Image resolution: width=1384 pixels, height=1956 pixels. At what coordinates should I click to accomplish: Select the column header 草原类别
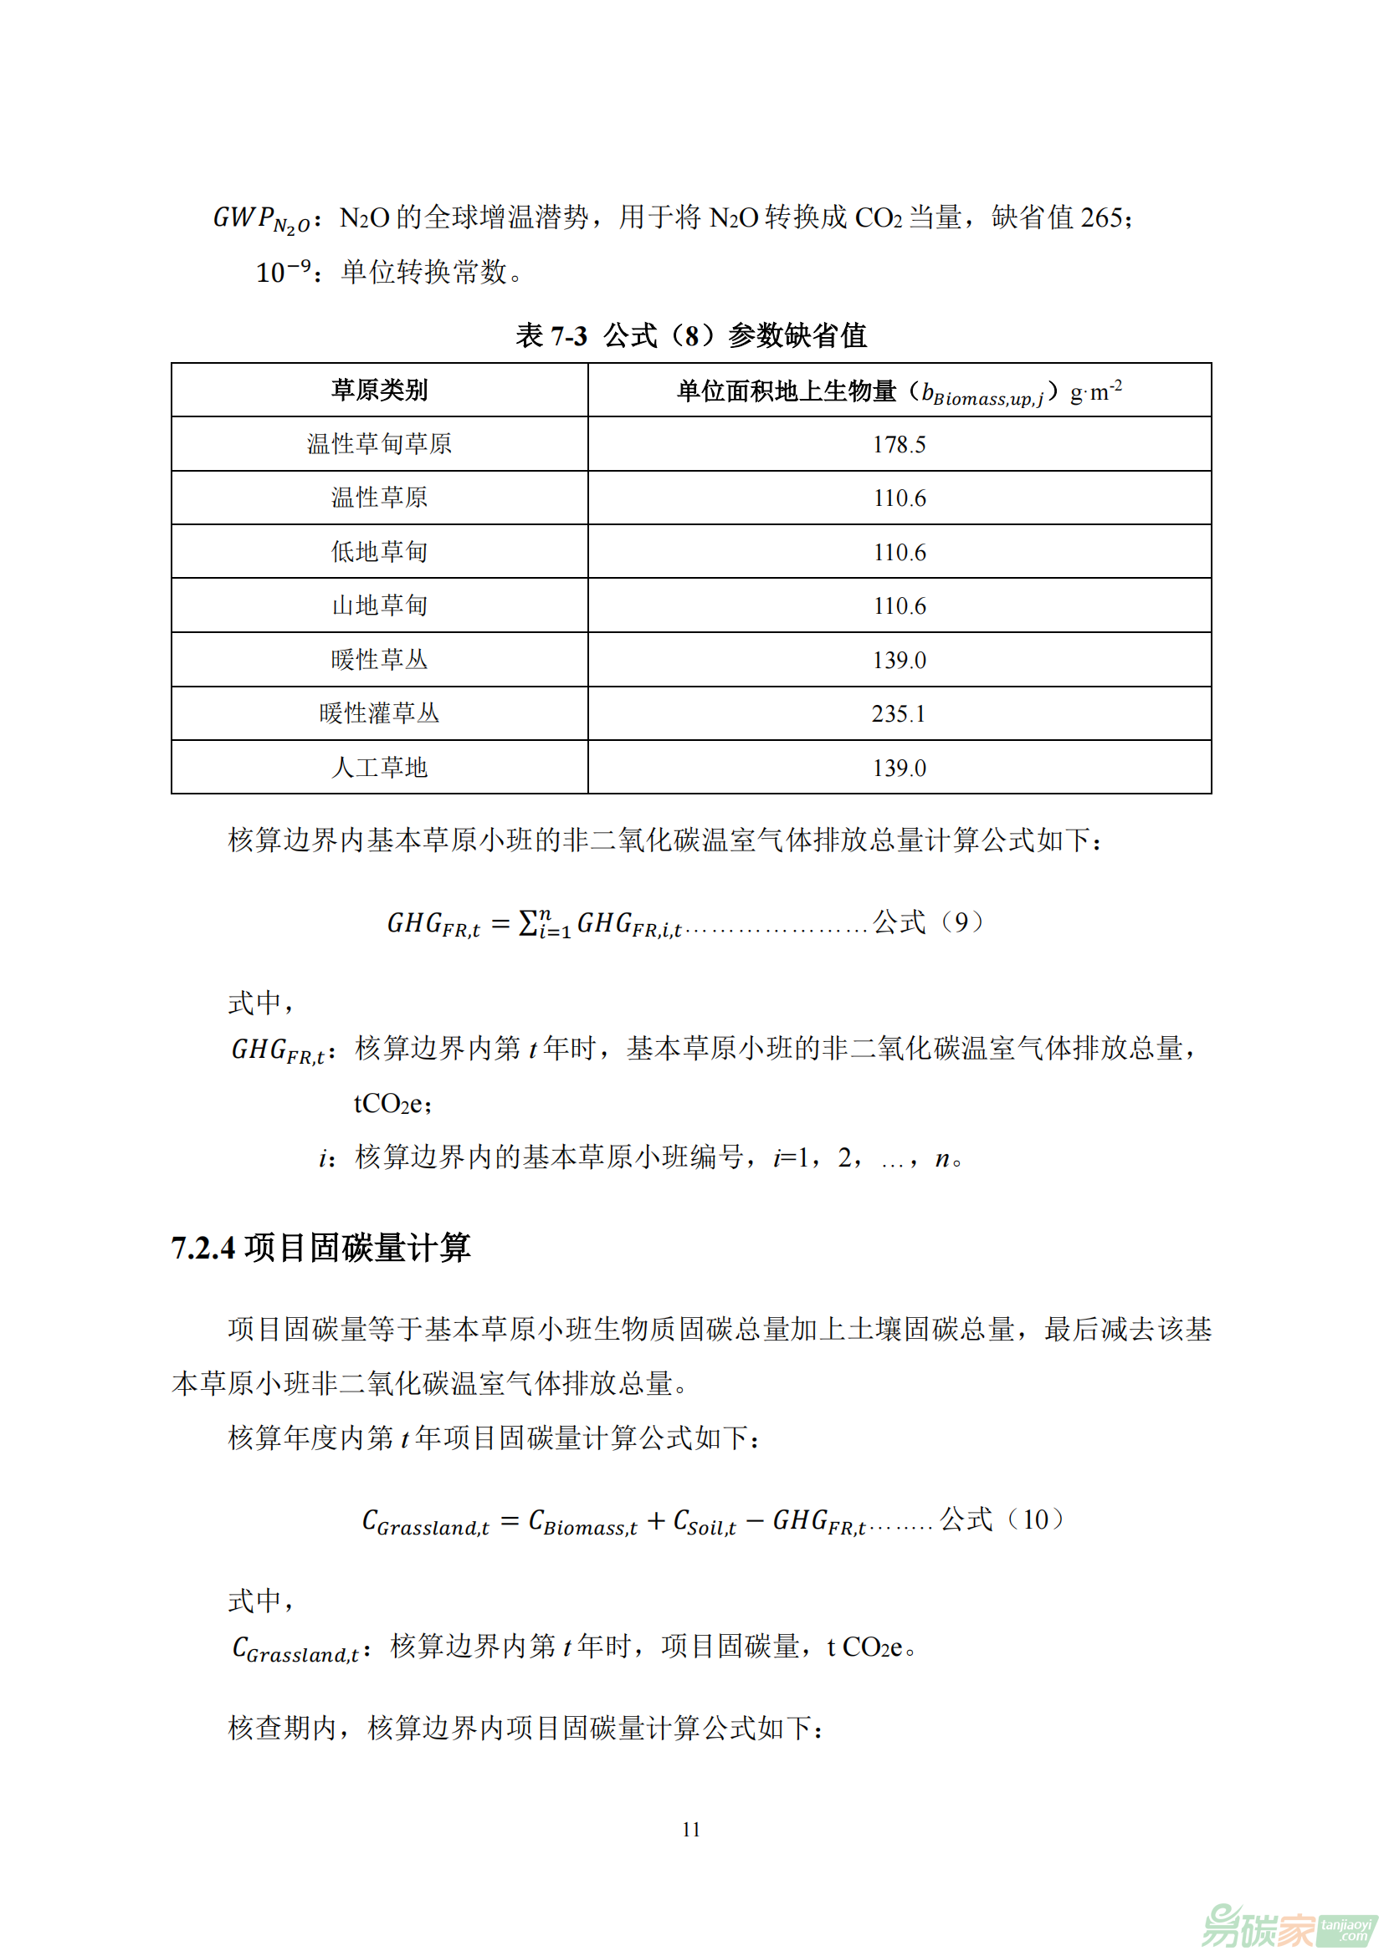point(379,391)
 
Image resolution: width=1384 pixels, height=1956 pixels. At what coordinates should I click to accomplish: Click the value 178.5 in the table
point(899,444)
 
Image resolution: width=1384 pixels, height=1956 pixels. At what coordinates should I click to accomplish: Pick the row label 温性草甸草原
point(379,444)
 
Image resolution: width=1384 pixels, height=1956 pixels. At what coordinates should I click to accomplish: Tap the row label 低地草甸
point(379,552)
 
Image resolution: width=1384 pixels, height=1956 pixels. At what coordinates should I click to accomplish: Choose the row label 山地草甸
point(379,605)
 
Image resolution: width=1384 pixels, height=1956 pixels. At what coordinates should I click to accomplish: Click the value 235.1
point(899,714)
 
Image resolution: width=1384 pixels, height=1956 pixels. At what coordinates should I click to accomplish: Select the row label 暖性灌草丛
point(379,714)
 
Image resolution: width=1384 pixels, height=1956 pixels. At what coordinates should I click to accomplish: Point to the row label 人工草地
point(379,768)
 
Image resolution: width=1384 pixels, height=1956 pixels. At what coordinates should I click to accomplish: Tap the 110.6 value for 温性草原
point(899,498)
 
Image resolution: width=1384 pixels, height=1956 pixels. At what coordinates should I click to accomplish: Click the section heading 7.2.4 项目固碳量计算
point(320,1247)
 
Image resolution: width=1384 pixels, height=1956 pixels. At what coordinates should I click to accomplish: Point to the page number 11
point(691,1829)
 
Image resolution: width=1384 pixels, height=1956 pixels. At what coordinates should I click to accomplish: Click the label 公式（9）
point(928,922)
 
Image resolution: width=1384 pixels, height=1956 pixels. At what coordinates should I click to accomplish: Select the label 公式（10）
point(1002,1519)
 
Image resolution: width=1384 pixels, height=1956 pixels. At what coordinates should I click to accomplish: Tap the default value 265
point(1101,218)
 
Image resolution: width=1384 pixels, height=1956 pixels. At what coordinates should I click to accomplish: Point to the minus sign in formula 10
point(754,1520)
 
